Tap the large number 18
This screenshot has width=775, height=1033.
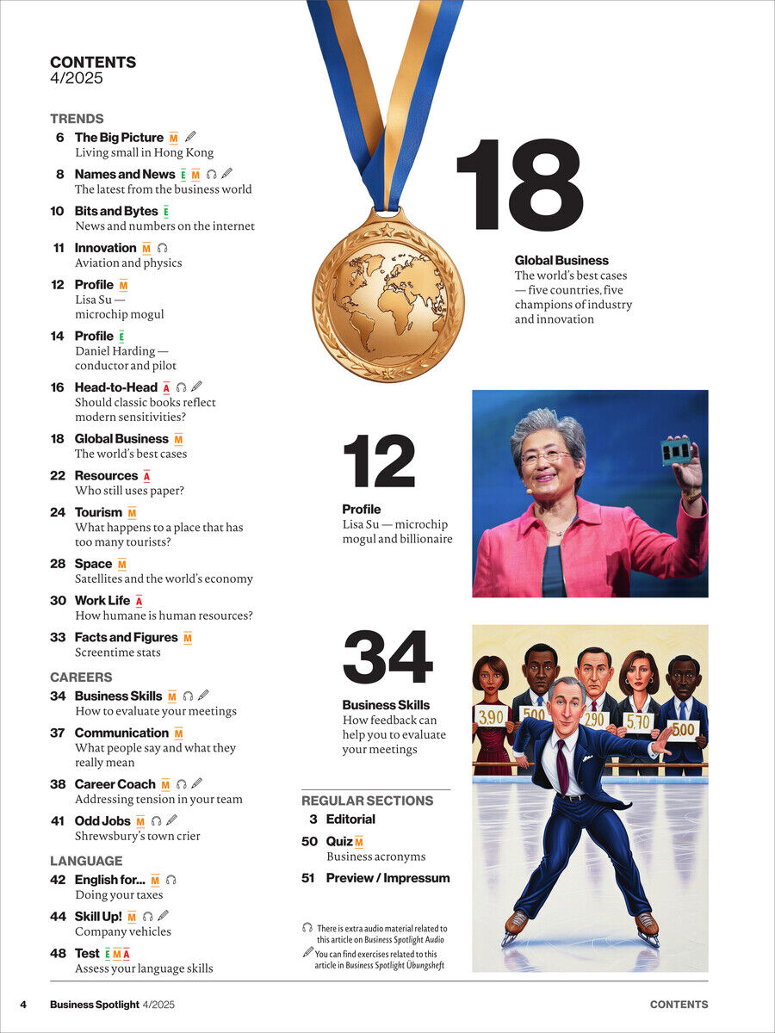(x=519, y=184)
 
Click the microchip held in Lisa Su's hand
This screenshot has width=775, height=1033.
(x=676, y=450)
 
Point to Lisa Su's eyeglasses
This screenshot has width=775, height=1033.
(x=546, y=456)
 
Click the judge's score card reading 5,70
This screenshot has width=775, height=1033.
(x=639, y=722)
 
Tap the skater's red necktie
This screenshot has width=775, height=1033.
(x=562, y=765)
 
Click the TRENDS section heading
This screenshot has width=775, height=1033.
(x=77, y=119)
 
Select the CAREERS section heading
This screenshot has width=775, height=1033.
(x=81, y=677)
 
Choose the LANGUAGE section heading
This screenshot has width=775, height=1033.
(x=86, y=861)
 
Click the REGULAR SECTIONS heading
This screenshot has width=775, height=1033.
(x=367, y=801)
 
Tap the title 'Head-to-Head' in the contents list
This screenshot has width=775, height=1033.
(x=116, y=387)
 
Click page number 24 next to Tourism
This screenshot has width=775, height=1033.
(x=58, y=512)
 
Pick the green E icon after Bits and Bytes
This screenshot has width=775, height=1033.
(x=165, y=212)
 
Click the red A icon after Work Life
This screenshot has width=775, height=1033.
(x=139, y=601)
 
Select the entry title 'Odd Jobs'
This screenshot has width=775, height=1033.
(x=102, y=821)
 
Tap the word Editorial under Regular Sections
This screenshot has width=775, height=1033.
(x=350, y=820)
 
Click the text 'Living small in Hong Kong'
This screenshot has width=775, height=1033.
(x=144, y=152)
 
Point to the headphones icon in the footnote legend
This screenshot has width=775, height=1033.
(x=307, y=928)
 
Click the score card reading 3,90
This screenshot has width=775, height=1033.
(x=491, y=715)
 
